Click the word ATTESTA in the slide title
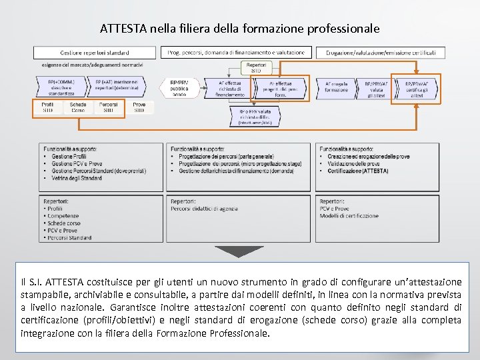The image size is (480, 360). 123,29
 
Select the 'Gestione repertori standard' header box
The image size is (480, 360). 95,52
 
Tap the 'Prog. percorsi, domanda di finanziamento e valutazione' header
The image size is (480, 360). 236,52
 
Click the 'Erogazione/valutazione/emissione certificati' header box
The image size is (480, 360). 381,52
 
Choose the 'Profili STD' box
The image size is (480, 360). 47,107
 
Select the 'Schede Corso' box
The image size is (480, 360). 78,107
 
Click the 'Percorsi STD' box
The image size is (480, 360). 108,107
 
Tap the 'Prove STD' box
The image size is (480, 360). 139,107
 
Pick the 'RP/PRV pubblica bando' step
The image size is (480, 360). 179,87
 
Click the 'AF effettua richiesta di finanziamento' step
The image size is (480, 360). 229,87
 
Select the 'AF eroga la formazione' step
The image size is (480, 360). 336,87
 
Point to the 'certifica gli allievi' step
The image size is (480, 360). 417,87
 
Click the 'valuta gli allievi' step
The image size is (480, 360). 377,87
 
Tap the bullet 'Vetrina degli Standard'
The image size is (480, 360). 71,177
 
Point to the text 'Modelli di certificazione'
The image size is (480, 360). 349,216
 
